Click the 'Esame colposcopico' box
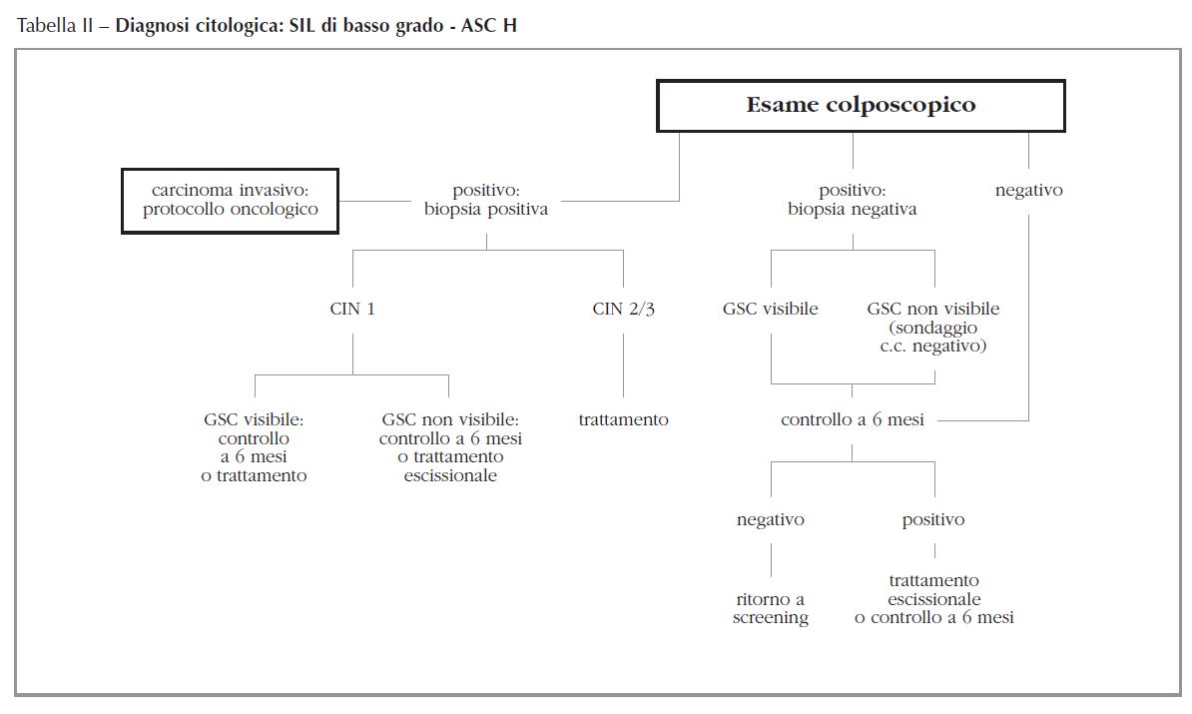[x=861, y=105]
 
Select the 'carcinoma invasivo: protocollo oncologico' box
[x=230, y=200]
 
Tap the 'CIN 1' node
[x=352, y=309]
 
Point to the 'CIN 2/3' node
[x=624, y=309]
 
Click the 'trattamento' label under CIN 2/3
[x=624, y=419]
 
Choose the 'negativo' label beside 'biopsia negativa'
[x=1028, y=190]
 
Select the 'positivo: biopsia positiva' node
[x=486, y=200]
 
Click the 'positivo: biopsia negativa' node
[x=853, y=200]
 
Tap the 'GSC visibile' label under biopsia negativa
[x=771, y=309]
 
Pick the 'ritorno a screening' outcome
[x=771, y=608]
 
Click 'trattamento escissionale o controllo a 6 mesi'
[x=934, y=598]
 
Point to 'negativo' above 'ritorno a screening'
[x=771, y=519]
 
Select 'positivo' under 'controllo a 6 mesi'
[x=934, y=519]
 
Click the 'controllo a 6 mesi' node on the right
[x=853, y=419]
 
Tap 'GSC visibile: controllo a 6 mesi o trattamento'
[x=254, y=447]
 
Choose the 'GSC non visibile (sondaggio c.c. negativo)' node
[x=933, y=327]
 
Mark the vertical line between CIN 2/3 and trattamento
[x=624, y=364]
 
